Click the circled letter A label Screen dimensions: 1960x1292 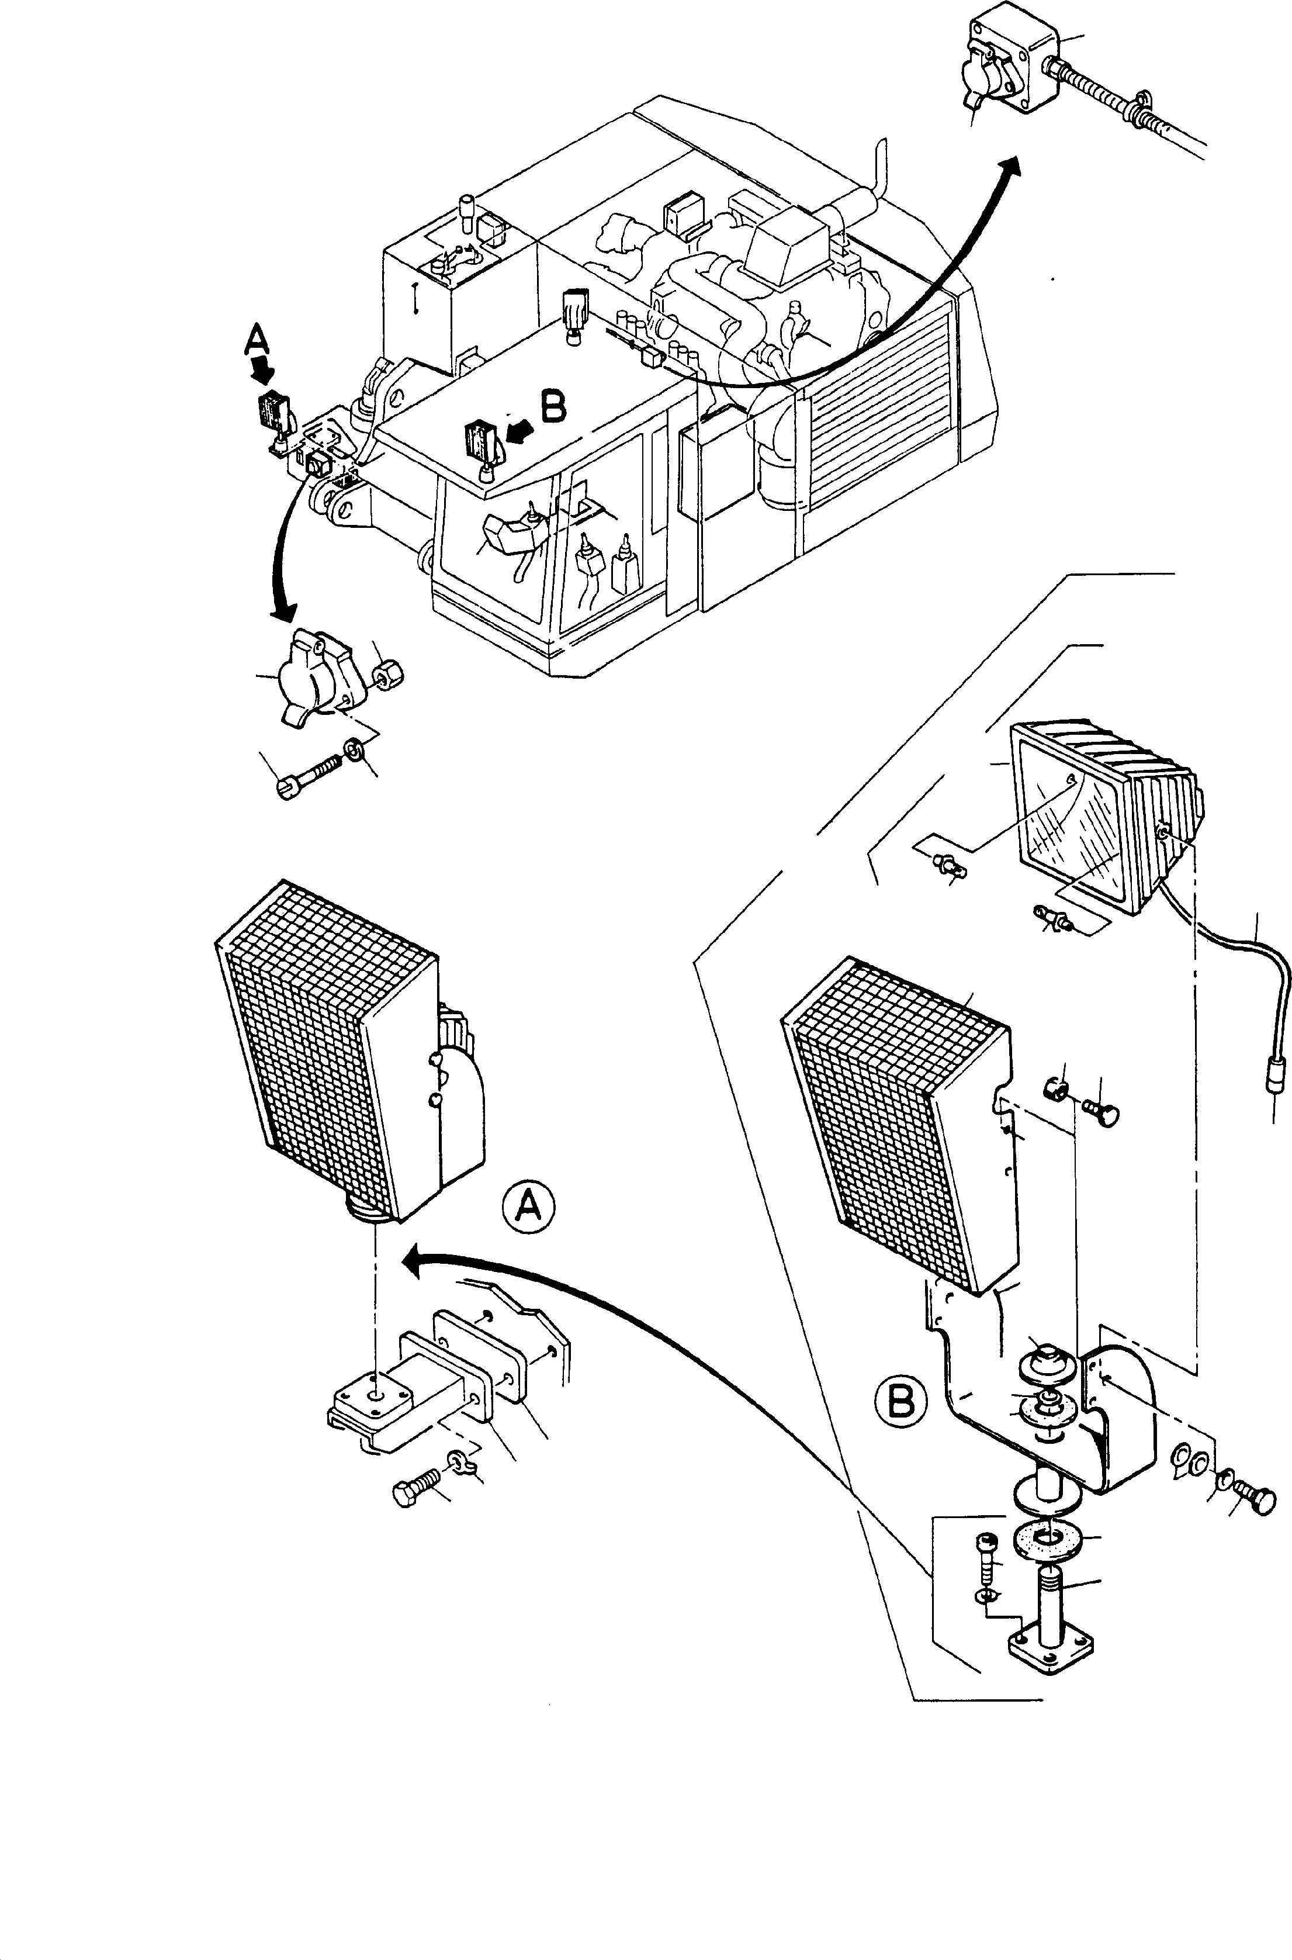[529, 1208]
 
